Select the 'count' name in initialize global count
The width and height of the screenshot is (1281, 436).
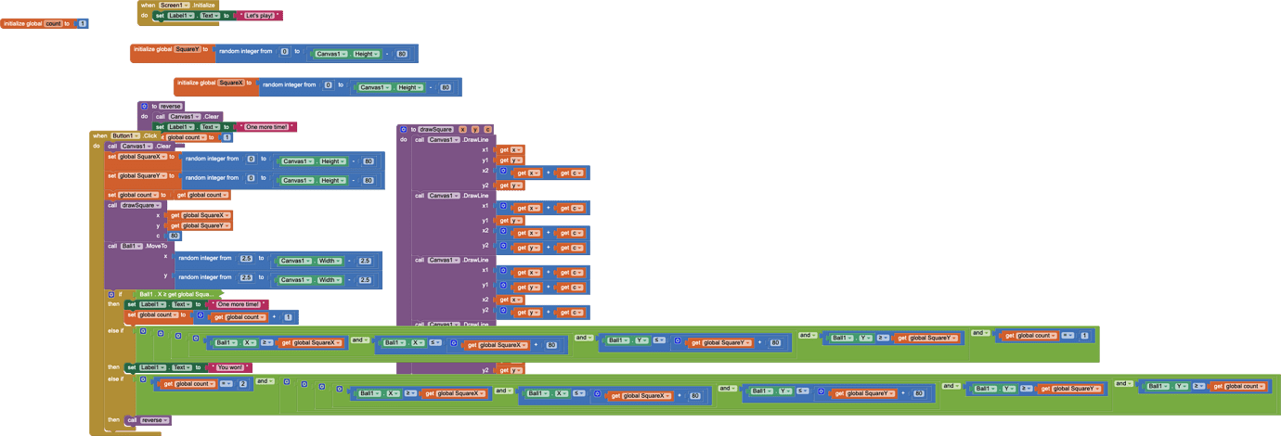pos(53,23)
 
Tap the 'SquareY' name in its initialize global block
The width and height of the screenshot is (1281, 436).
pos(187,49)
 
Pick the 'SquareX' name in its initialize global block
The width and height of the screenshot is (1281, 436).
pos(230,83)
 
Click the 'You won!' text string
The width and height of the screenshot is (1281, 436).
pos(228,367)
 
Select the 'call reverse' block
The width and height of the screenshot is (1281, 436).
pos(148,420)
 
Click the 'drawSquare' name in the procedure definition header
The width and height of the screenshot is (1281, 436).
pos(434,129)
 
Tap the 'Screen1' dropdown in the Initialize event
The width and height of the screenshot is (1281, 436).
pos(175,6)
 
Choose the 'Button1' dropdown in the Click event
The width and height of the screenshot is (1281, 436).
pos(124,135)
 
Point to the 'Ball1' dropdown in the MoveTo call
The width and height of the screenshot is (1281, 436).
pos(131,246)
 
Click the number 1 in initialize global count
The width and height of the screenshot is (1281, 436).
pos(83,23)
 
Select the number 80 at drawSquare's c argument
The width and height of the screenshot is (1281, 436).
pos(175,236)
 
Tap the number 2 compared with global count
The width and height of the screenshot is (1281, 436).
pos(243,383)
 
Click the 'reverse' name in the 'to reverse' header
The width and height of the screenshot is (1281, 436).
pos(170,106)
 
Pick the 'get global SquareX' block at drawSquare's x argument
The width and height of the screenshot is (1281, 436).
pos(200,215)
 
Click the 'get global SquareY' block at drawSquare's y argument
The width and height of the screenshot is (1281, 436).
pos(200,225)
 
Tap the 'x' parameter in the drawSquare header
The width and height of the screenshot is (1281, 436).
pos(462,129)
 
